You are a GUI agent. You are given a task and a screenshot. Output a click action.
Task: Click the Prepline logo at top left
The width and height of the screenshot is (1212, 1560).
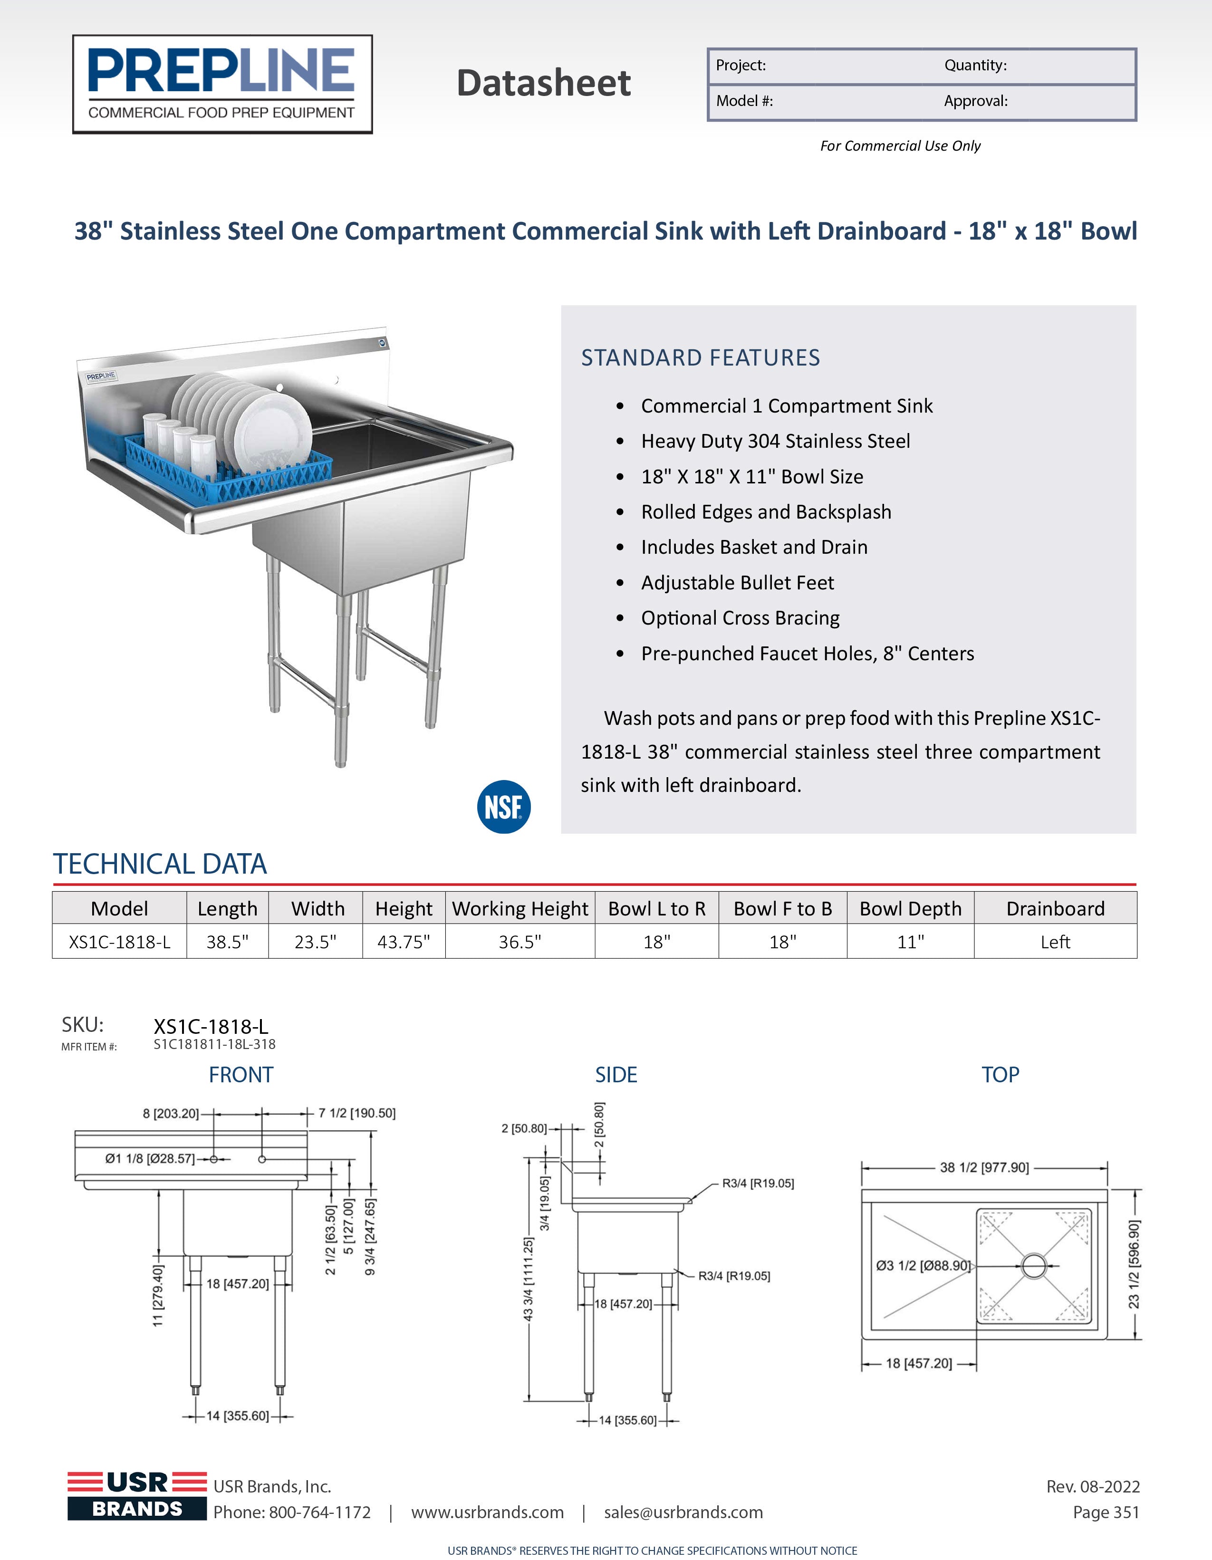click(222, 84)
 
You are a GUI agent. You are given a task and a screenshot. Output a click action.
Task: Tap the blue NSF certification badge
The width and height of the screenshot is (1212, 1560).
click(503, 807)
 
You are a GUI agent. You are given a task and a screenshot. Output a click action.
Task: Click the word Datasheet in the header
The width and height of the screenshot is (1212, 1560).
click(544, 83)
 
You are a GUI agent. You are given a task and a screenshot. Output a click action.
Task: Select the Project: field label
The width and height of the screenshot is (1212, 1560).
click(741, 66)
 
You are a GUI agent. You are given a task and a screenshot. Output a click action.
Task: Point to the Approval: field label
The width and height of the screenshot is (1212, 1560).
click(976, 101)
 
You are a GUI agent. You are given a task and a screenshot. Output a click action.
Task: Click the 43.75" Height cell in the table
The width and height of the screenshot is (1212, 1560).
click(404, 942)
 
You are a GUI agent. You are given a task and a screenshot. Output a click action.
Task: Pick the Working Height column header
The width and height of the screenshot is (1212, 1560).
click(520, 908)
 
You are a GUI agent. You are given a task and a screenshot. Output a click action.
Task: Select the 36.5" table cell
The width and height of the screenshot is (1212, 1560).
click(520, 942)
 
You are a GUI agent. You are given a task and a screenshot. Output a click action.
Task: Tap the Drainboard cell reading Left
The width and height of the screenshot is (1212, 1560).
click(1055, 942)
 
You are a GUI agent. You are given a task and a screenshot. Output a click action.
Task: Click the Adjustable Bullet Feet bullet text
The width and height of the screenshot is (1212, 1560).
click(737, 583)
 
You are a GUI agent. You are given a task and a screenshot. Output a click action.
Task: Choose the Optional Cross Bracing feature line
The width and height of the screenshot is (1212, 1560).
click(740, 618)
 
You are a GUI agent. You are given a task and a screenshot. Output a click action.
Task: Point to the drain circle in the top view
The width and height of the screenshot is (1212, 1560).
click(1033, 1266)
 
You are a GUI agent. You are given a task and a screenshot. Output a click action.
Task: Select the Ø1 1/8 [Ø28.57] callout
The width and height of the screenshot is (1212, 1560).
click(149, 1158)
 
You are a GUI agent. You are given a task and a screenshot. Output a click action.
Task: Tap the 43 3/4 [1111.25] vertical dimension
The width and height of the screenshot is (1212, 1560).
click(529, 1279)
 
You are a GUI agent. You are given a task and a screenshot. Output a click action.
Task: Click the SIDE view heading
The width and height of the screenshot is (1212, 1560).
click(616, 1075)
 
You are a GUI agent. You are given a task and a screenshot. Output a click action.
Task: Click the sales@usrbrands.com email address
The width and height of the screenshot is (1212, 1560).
click(683, 1512)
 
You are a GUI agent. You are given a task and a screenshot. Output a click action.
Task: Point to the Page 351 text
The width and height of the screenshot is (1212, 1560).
click(1106, 1512)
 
